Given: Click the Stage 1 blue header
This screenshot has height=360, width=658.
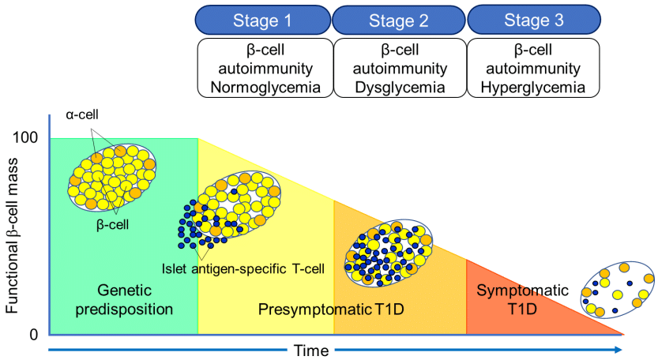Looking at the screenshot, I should click(261, 20).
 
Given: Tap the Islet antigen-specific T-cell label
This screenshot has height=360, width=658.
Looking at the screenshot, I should click(243, 268).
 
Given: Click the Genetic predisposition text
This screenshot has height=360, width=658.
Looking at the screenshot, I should click(125, 298).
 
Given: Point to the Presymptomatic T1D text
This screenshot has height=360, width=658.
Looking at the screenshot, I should click(331, 309).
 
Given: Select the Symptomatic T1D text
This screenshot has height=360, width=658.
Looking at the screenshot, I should click(522, 298).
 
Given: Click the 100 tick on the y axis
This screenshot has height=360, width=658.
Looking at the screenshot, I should click(26, 138).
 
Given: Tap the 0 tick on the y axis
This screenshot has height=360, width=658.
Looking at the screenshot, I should click(34, 335).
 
